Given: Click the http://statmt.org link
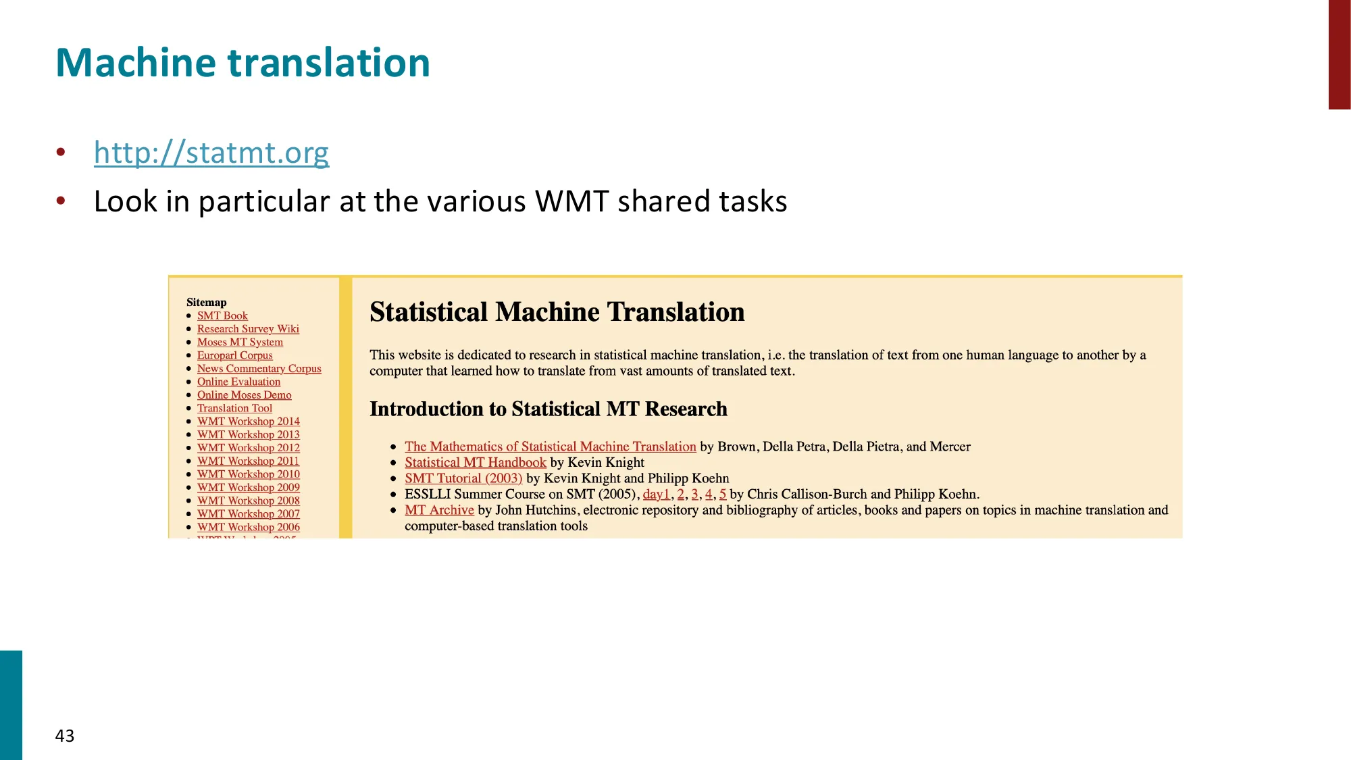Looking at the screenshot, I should [211, 153].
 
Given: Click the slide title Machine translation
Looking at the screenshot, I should [243, 63].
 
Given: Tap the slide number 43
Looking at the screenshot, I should [65, 736].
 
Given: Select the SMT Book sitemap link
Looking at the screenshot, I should [222, 315].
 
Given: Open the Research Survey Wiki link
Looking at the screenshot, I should [248, 329].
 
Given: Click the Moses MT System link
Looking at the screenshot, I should [240, 342].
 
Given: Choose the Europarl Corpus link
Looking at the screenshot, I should [234, 355].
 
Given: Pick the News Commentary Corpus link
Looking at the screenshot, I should [259, 368].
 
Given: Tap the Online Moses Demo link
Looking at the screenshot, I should [244, 395].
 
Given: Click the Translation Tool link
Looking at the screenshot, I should [234, 408].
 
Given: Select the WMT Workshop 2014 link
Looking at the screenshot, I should [248, 421].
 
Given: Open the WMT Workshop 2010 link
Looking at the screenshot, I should [248, 474].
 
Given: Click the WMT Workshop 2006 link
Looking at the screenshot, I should [248, 527].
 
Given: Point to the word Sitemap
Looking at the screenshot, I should [206, 302].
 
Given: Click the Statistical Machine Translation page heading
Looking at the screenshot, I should [557, 312].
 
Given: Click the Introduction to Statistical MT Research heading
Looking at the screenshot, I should [548, 409].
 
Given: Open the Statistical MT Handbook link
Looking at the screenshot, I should [475, 463].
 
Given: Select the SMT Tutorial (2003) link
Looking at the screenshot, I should [463, 478].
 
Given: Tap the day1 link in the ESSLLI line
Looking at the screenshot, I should [656, 495].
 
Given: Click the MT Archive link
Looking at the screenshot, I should [439, 510].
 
